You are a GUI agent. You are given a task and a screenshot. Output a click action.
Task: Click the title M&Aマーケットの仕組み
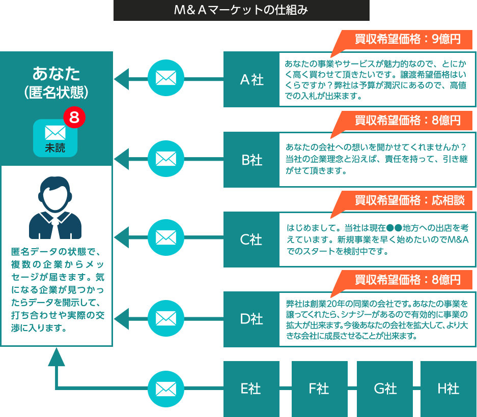(x=241, y=11)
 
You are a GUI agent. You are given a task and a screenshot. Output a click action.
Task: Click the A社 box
(x=251, y=79)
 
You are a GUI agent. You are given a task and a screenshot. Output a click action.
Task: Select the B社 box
(x=251, y=159)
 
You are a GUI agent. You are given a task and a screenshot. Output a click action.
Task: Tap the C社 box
(x=251, y=239)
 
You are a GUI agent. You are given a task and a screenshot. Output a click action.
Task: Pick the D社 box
(x=251, y=319)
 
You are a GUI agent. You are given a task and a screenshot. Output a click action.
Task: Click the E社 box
(x=251, y=389)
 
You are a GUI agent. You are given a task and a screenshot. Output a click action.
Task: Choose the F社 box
(x=319, y=389)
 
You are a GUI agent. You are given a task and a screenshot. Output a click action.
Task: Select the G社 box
(x=384, y=389)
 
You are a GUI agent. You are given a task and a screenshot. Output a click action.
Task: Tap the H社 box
(x=448, y=389)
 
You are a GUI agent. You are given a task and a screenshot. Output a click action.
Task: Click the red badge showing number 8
(x=74, y=117)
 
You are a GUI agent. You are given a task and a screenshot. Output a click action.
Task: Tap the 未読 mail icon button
(x=55, y=138)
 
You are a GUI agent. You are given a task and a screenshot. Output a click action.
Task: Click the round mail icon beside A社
(x=165, y=79)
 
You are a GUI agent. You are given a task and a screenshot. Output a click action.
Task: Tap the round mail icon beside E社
(x=165, y=389)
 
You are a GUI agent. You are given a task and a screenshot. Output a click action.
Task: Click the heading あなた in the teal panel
(x=56, y=74)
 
